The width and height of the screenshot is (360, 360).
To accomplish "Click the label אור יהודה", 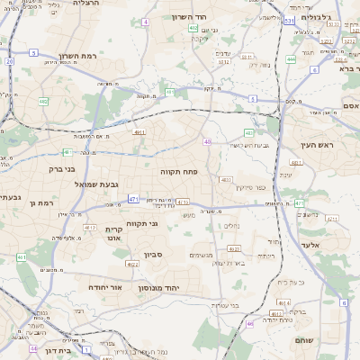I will [x=104, y=286].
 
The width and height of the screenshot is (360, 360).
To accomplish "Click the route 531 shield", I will [x=289, y=20].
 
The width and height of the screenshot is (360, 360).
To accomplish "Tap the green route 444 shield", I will [x=291, y=59].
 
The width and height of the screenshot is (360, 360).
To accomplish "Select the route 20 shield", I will [x=9, y=61].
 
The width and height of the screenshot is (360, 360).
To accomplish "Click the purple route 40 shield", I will [x=208, y=141].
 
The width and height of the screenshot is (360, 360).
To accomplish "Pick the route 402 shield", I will [x=193, y=28].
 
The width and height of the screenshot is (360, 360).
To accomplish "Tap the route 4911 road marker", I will [x=139, y=132].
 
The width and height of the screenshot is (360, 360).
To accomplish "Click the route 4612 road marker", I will [x=90, y=228].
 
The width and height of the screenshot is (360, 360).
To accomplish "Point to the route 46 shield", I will [x=249, y=322].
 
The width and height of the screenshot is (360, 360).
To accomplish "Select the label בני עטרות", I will [x=222, y=305].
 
